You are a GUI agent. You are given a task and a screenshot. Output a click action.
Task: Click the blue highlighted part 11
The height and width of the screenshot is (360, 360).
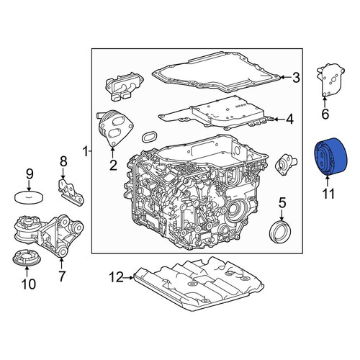pyautogui.click(x=330, y=156)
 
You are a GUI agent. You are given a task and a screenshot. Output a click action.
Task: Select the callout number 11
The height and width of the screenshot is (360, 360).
pyautogui.click(x=328, y=194)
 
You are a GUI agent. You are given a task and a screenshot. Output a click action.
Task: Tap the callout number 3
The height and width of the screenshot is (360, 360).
pyautogui.click(x=296, y=78)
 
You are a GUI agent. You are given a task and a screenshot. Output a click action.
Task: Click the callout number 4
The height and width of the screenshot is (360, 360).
pyautogui.click(x=290, y=120)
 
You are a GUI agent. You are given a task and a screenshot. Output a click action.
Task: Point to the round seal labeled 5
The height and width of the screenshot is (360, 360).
pyautogui.click(x=280, y=233)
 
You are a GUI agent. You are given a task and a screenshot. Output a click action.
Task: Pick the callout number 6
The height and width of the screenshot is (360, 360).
pyautogui.click(x=325, y=114)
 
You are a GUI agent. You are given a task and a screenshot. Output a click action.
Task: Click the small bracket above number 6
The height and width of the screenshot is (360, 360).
pyautogui.click(x=330, y=81)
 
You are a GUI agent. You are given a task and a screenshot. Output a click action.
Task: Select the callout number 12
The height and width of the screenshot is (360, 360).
pyautogui.click(x=116, y=278)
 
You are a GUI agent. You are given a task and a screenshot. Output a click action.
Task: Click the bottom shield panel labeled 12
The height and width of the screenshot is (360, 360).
pyautogui.click(x=199, y=283)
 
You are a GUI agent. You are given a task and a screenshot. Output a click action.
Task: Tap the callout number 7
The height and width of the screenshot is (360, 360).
pyautogui.click(x=62, y=276)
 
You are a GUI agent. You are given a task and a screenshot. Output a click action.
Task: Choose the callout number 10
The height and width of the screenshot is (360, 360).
pyautogui.click(x=29, y=284)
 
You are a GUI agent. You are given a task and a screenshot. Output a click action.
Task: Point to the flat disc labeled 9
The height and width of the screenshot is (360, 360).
pyautogui.click(x=29, y=198)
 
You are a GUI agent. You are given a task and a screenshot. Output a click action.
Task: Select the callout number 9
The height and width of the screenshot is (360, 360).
pyautogui.click(x=30, y=174)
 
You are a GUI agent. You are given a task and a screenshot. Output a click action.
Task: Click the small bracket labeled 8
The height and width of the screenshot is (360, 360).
pyautogui.click(x=71, y=192)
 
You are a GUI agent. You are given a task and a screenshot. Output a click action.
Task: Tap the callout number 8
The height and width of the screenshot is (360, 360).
pyautogui.click(x=63, y=162)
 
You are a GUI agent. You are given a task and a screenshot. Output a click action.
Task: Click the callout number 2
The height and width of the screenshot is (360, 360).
pyautogui.click(x=113, y=166)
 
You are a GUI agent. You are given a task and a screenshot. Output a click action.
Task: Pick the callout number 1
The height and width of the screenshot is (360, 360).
pyautogui.click(x=85, y=152)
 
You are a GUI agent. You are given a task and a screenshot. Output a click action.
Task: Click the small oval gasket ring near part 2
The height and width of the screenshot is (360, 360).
pyautogui.click(x=149, y=137)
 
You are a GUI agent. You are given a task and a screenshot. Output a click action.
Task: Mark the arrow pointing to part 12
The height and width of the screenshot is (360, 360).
pyautogui.click(x=128, y=278)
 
